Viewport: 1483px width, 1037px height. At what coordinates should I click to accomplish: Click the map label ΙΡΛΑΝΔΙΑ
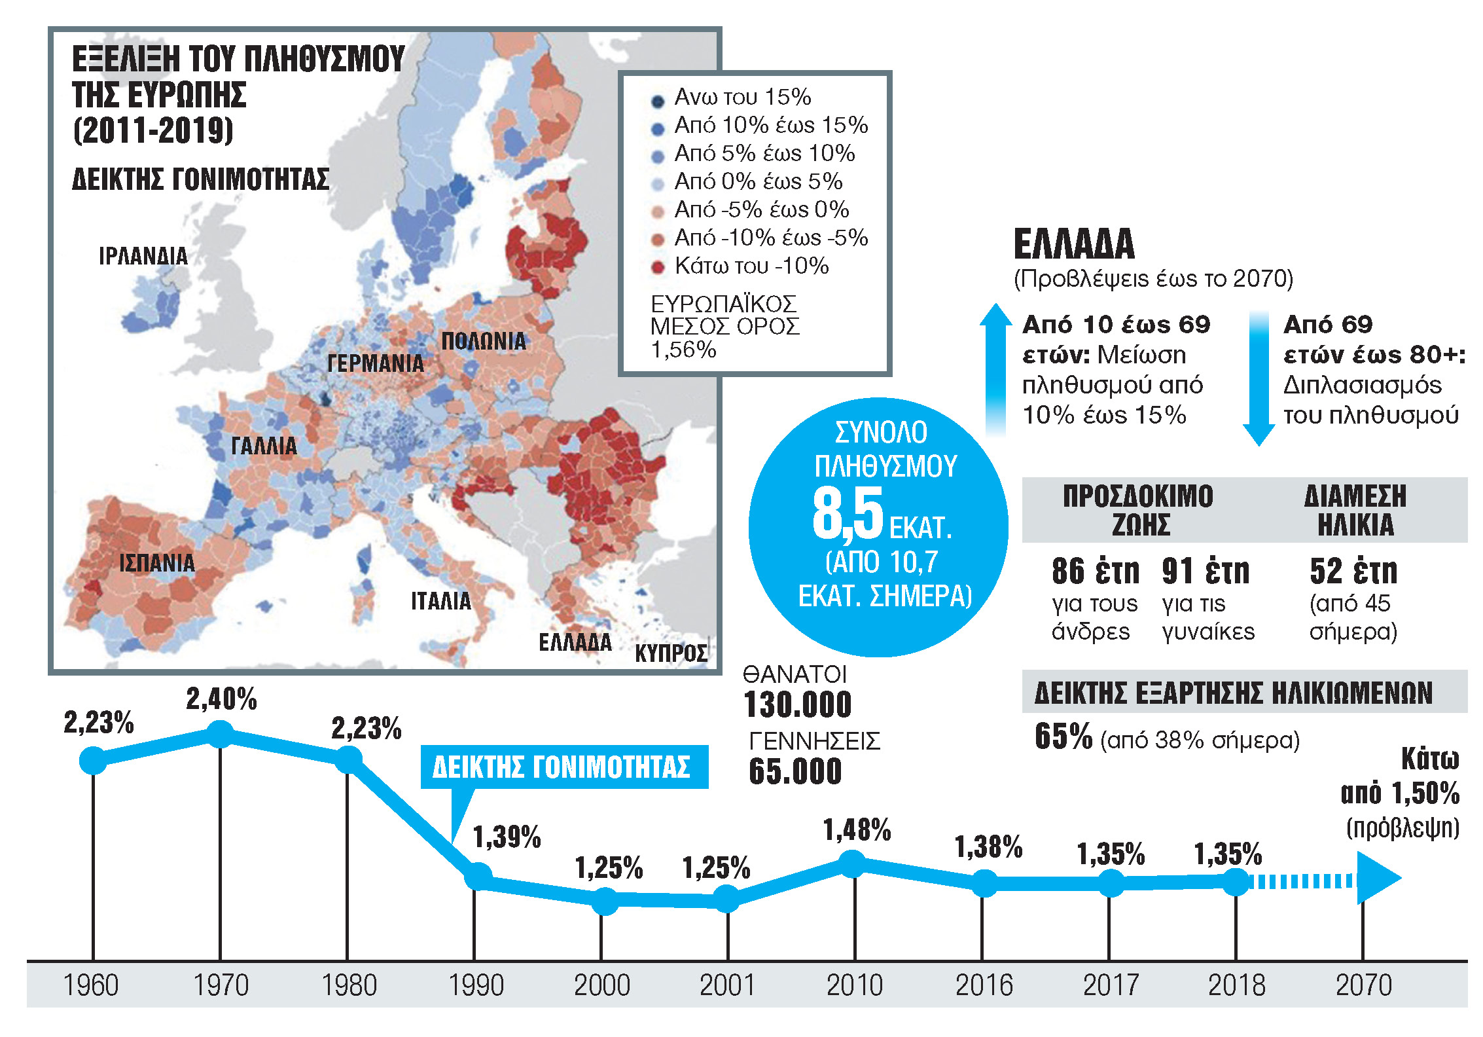pos(143,256)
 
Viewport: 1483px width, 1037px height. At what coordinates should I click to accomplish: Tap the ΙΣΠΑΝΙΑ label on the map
pos(156,563)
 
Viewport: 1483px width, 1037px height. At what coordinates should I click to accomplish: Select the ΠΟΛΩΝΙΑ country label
pos(484,341)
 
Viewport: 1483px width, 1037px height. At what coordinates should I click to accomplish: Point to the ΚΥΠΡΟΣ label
pos(671,653)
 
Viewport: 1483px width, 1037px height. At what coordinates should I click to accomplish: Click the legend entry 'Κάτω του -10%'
pos(751,266)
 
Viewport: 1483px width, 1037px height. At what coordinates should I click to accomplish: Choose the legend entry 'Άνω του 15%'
pos(742,97)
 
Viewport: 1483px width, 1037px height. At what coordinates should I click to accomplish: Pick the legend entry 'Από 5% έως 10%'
pos(764,153)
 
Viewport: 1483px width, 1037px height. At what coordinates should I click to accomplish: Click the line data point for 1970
pos(221,734)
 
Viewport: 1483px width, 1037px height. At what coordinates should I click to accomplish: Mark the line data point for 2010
pos(852,864)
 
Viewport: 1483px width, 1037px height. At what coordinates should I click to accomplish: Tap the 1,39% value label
pos(507,837)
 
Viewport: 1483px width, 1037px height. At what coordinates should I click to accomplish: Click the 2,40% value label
pos(221,699)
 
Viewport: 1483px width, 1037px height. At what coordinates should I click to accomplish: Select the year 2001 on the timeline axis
pos(727,985)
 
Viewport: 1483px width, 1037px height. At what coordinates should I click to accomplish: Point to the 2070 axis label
pos(1363,985)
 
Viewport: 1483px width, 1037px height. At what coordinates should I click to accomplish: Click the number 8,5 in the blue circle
pos(848,515)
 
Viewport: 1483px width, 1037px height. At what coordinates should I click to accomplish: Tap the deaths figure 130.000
pos(798,705)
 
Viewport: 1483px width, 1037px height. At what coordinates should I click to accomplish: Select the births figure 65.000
pos(795,771)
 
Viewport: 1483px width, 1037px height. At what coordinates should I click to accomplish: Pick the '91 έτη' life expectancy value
pos(1206,572)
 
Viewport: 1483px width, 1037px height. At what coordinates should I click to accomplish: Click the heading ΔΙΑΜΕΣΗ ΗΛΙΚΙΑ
pos(1355,510)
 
